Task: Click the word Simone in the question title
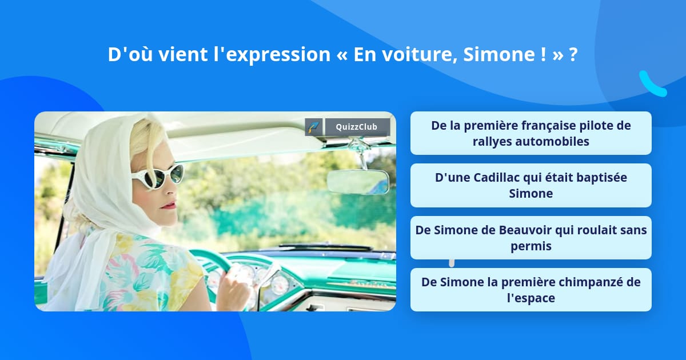point(504,54)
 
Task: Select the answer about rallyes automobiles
point(531,133)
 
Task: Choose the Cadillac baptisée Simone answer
point(531,185)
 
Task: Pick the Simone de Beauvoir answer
point(531,238)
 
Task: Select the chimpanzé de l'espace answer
point(531,290)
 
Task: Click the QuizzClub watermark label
point(357,127)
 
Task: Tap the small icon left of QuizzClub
point(314,127)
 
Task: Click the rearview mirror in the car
point(358,181)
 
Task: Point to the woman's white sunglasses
point(158,176)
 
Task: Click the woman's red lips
point(169,205)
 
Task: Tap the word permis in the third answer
point(531,246)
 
